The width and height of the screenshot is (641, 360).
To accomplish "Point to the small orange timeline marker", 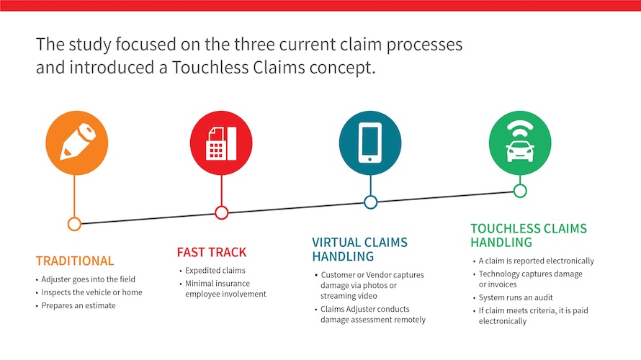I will tap(73, 224).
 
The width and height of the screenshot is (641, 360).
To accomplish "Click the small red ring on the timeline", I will tap(222, 212).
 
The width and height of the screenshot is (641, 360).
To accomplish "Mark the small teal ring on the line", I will tap(370, 202).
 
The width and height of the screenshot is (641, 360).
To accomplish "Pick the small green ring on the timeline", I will tap(519, 191).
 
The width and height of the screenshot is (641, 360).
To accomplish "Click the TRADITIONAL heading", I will tap(75, 261).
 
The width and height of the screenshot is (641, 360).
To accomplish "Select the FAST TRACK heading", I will tap(212, 252).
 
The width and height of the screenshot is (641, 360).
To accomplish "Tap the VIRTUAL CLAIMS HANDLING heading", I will tap(359, 249).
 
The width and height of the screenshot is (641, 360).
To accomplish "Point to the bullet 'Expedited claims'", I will tap(215, 271).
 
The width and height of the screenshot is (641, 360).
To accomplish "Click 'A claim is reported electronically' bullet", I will tap(536, 261).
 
